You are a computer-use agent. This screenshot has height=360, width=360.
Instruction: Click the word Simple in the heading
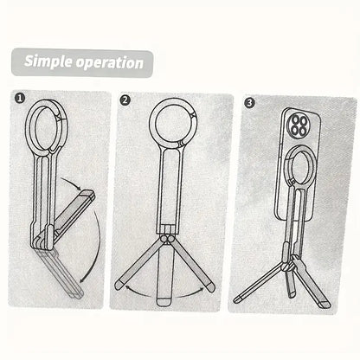pos(48,61)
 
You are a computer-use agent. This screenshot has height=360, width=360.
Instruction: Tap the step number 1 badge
pos(20,99)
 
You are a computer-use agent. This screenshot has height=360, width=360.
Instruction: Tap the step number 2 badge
pos(125,100)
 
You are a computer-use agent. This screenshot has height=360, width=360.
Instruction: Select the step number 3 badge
pos(249,102)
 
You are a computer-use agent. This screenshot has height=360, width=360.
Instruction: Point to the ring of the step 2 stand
pos(151,124)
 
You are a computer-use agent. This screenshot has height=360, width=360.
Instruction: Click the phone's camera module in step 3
pos(299,125)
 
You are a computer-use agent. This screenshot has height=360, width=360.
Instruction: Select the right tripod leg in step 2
pos(193,264)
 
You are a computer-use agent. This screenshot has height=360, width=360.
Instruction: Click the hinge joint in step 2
pos(167,239)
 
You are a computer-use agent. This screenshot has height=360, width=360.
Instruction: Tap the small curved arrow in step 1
pos(72,182)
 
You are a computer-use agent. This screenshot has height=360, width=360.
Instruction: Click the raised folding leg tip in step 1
pos(88,195)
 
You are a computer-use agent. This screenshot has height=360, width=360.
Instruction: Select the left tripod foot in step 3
pos(238,299)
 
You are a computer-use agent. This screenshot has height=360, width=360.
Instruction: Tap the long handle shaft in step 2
pos(170,189)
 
